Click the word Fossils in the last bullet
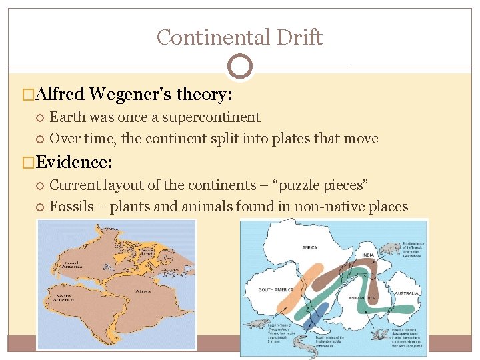(x=72, y=206)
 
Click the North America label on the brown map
(x=71, y=266)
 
